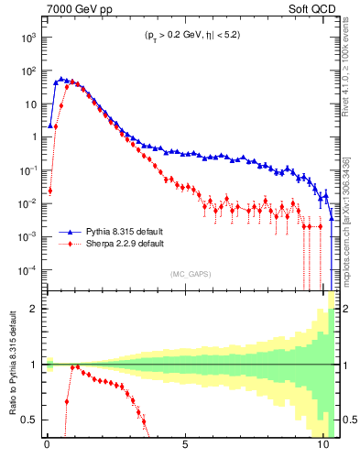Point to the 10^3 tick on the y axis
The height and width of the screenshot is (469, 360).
point(29,38)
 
